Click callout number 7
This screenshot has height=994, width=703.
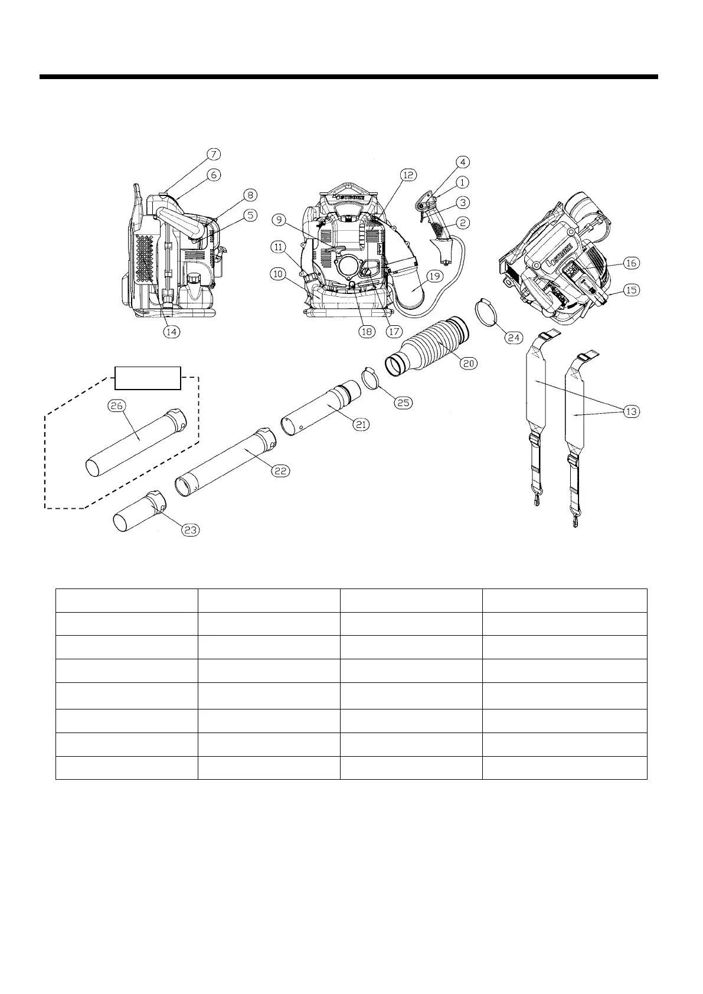coord(214,154)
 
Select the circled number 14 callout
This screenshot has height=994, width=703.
coord(171,332)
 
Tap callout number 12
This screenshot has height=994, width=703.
coord(408,174)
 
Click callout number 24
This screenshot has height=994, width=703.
coord(512,337)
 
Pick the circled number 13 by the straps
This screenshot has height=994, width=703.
coord(631,411)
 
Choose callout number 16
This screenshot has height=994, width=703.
coord(631,263)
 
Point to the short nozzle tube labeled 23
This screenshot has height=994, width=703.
coord(139,512)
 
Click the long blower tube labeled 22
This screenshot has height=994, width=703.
coord(224,460)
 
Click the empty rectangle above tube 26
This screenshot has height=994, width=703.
coord(148,378)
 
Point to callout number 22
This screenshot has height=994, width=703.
coord(280,470)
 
